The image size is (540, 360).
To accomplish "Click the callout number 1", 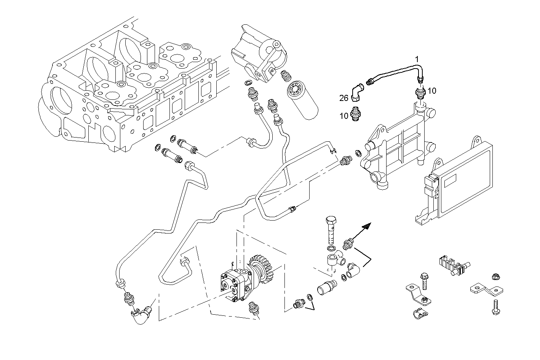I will (x=417, y=59).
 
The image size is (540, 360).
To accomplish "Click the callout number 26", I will (x=344, y=98).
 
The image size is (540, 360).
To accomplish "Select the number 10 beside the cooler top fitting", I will (x=431, y=91).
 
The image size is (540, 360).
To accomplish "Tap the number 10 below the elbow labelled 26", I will (x=344, y=116).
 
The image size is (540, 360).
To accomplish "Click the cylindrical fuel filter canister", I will (x=303, y=96).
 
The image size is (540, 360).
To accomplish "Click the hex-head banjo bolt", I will (x=330, y=229).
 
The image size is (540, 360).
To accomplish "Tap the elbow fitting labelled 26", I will (x=358, y=93).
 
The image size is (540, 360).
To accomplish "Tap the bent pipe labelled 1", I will (x=396, y=70).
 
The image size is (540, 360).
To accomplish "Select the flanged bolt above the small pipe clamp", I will (x=423, y=280).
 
